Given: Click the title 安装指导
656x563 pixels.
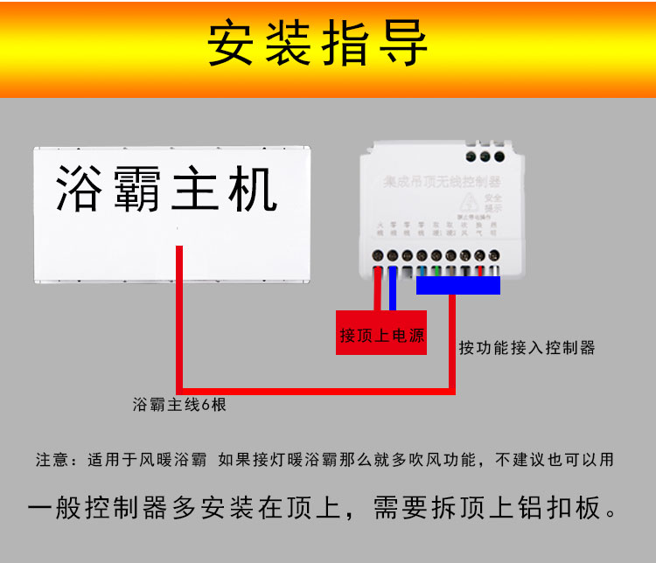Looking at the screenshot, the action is pos(318,44).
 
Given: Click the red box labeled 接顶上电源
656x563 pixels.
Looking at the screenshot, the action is pos(382,335).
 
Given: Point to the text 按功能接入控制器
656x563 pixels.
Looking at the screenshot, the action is pos(527,347).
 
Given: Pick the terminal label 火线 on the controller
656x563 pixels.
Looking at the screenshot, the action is pos(380,230).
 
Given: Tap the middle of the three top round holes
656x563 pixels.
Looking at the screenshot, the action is pos(484,156).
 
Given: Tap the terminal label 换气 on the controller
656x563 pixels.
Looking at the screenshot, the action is pos(479,230).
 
